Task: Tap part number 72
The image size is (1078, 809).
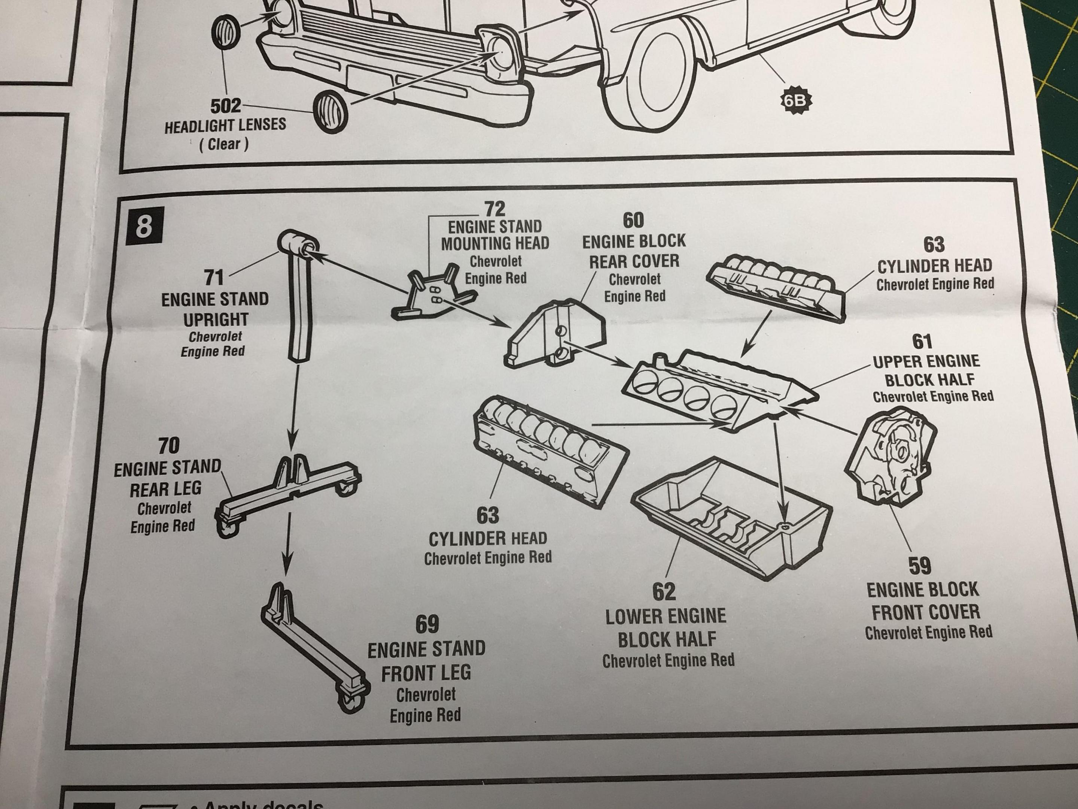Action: [495, 209]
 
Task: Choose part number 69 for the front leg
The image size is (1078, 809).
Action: [427, 624]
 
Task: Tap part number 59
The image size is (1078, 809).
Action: [920, 566]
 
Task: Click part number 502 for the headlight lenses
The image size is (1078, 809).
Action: [226, 106]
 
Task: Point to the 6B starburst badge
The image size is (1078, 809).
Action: [795, 101]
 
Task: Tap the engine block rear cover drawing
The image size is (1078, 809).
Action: [555, 333]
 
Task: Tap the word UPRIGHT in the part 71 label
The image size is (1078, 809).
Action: [216, 320]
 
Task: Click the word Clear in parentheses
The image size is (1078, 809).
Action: [224, 144]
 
